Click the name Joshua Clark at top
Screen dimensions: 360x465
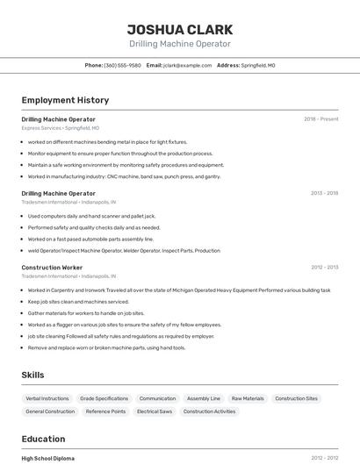coord(179,29)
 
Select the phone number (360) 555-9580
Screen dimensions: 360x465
coord(122,65)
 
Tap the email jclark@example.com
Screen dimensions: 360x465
coord(187,65)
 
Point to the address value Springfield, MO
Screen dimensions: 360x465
coord(258,65)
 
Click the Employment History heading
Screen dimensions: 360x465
coord(65,100)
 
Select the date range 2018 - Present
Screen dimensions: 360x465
coord(320,119)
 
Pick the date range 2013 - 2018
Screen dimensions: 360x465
coord(324,193)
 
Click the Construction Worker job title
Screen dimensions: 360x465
coord(52,268)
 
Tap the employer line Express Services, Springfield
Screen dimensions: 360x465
coord(61,128)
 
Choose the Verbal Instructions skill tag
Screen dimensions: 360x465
coord(48,398)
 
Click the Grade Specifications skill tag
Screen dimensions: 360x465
coord(104,398)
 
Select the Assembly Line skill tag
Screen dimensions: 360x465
coord(204,398)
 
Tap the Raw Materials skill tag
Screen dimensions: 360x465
coord(248,398)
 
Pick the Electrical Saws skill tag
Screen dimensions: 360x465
coord(155,411)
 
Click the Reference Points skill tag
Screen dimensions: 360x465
coord(105,411)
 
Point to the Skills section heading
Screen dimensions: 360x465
coord(32,375)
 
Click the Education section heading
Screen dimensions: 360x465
coord(43,439)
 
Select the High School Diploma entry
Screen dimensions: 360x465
coord(47,458)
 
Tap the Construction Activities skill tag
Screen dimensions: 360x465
coord(209,411)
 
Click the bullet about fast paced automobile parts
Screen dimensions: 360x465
coord(90,239)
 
